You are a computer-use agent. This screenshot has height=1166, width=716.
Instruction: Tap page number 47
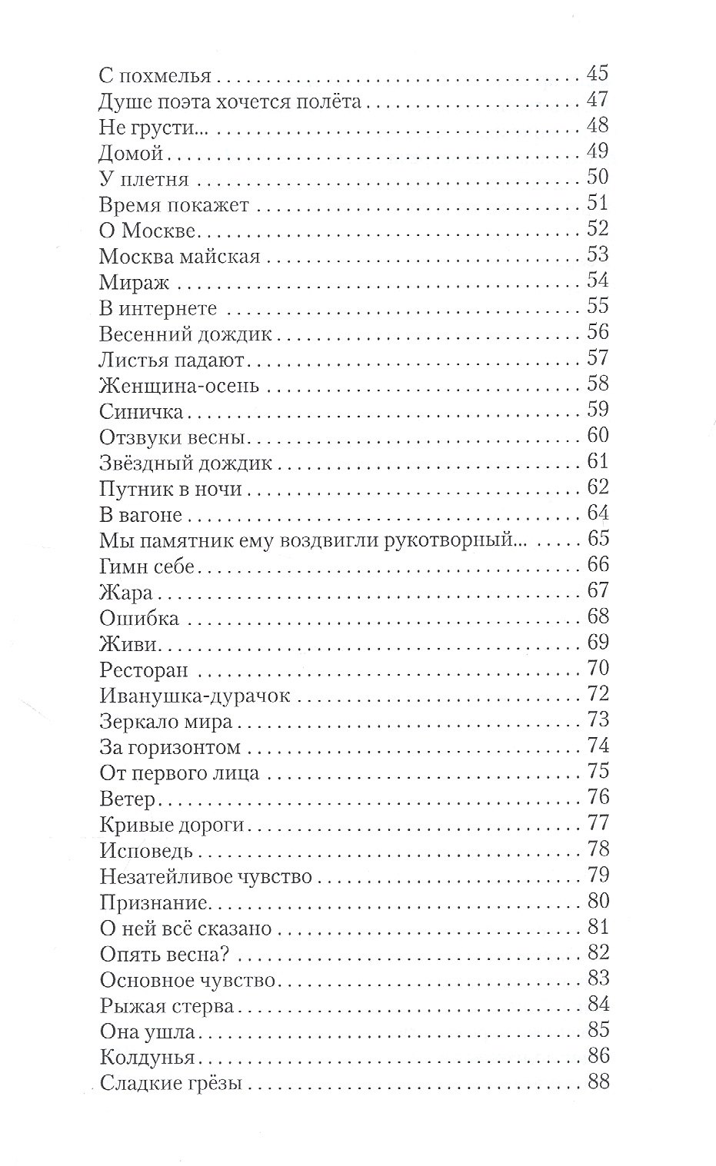[x=598, y=100]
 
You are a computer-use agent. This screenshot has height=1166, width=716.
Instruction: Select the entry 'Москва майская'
[x=180, y=256]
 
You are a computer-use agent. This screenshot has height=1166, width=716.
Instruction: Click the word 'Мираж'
[x=135, y=282]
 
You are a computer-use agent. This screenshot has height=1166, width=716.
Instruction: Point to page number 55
[x=598, y=307]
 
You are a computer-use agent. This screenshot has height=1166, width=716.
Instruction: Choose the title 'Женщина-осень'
[x=179, y=385]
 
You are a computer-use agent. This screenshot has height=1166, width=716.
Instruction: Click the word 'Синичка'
[x=142, y=411]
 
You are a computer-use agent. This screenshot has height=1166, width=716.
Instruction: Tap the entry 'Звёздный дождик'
[x=186, y=463]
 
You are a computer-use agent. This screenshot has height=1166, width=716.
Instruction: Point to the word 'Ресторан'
[x=144, y=670]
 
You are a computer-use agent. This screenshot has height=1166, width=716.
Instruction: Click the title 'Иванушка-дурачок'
[x=195, y=696]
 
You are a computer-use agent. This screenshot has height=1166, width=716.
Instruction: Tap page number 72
[x=598, y=695]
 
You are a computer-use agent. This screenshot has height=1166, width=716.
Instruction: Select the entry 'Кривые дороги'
[x=172, y=825]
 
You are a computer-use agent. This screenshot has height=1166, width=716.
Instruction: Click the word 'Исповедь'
[x=146, y=851]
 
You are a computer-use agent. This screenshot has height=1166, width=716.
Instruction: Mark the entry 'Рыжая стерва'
[x=166, y=1006]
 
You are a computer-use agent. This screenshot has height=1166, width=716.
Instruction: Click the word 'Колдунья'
[x=147, y=1058]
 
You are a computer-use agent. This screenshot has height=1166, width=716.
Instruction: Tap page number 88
[x=598, y=1082]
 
